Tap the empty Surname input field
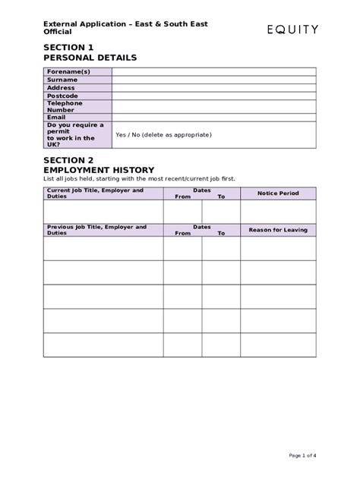[213, 80]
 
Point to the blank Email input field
[213, 117]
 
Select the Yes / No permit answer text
[163, 134]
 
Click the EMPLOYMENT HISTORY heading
[99, 169]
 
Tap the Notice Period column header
[278, 193]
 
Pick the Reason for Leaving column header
[278, 229]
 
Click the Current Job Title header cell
[94, 193]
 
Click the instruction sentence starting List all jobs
[140, 178]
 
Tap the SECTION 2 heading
[69, 159]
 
